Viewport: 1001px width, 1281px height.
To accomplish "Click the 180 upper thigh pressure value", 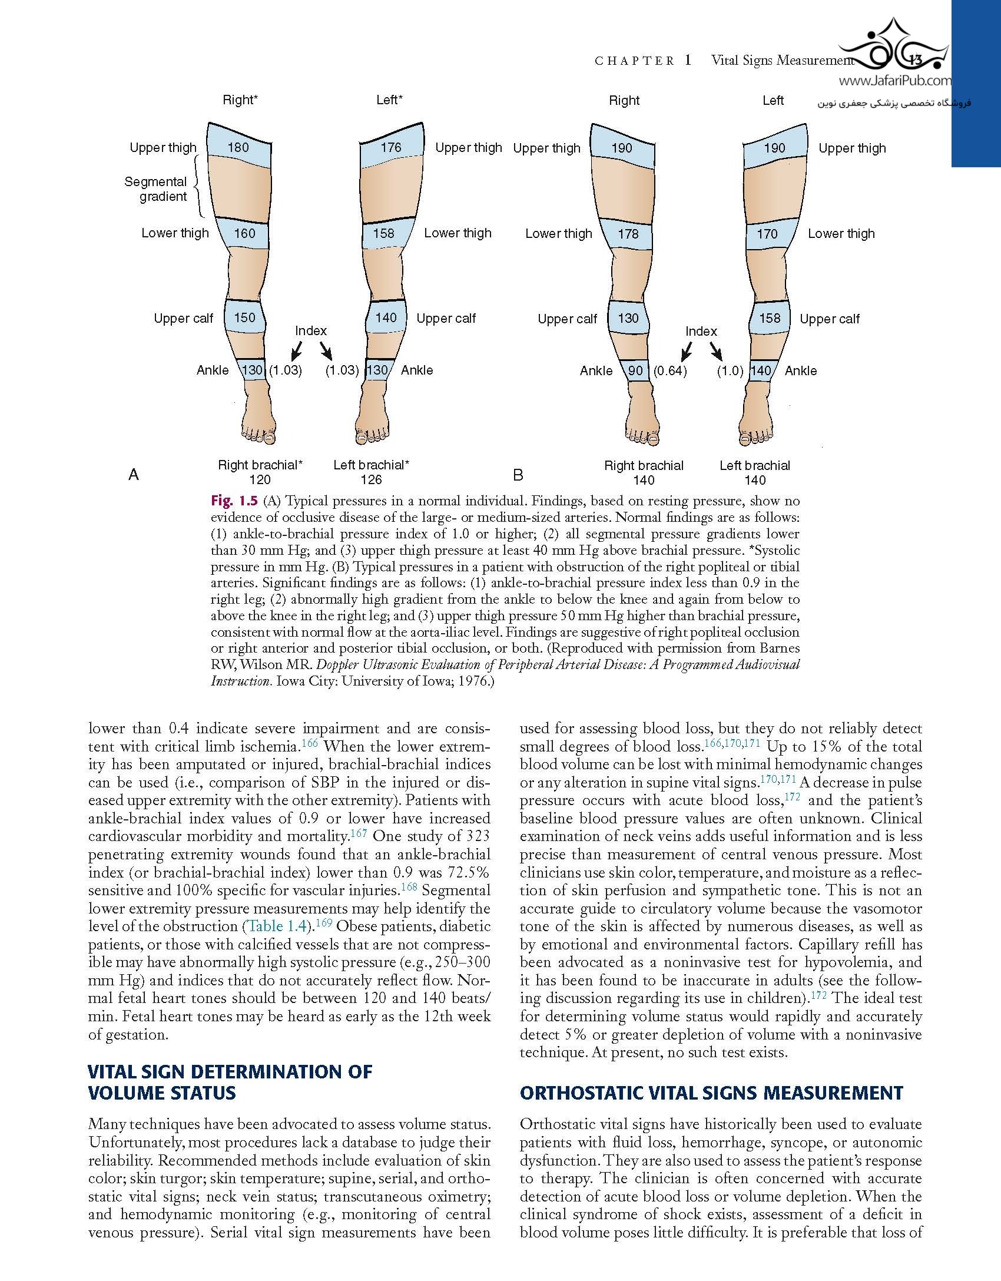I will pos(238,147).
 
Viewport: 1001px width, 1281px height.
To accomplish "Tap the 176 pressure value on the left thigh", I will pos(391,147).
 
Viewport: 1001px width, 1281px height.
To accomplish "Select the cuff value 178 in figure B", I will pos(628,234).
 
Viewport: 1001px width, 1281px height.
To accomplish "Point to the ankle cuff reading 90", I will pos(635,370).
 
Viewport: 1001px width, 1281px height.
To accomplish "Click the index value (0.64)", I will pos(670,371).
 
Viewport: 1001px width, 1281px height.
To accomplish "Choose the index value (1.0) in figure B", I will pos(730,371).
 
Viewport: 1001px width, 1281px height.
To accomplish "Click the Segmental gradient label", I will pos(155,189).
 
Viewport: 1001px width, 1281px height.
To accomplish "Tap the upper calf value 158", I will pos(770,318).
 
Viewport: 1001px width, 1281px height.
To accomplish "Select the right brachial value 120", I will pos(260,479).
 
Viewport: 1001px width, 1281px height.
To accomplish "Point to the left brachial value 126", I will pos(371,479).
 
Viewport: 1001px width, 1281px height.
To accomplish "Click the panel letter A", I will pos(134,475).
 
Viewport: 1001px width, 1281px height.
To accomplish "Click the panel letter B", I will pos(518,475).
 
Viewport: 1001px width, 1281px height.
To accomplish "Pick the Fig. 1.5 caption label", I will pos(234,501).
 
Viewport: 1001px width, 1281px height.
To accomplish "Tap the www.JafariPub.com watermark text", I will pos(894,82).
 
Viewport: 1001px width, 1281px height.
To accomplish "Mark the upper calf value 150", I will pos(244,317).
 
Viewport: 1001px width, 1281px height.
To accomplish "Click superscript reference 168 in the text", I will pos(409,886).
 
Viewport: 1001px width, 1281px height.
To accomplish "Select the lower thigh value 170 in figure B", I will pos(767,234).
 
